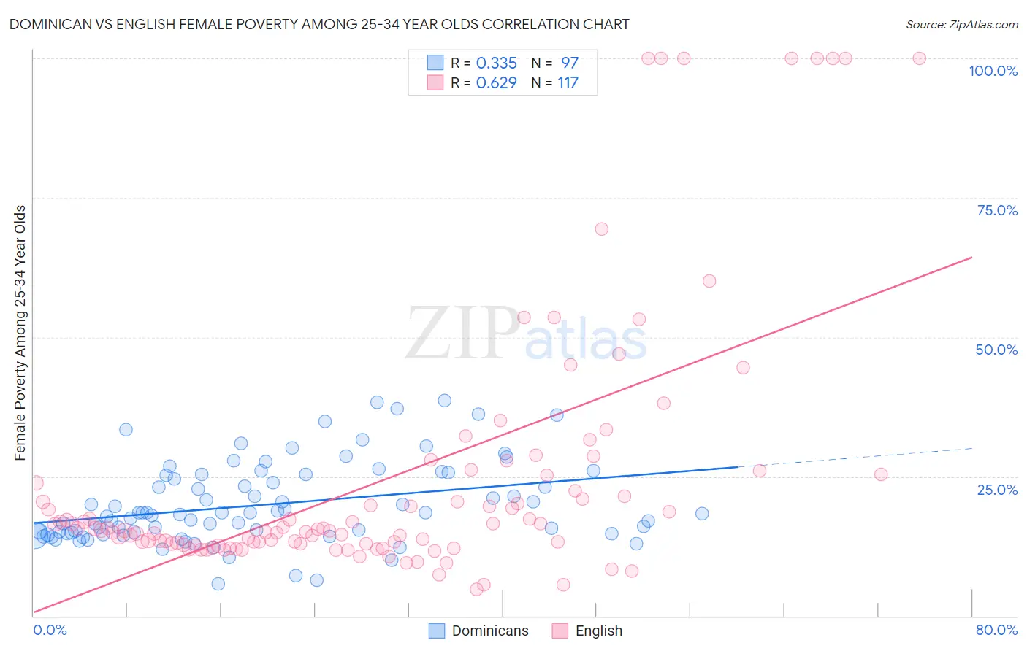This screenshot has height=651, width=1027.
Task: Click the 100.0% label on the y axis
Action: tap(993, 71)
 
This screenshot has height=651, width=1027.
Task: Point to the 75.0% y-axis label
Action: tap(996, 210)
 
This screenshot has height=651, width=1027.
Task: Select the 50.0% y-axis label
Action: tap(996, 350)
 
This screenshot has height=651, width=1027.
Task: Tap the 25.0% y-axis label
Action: tap(996, 490)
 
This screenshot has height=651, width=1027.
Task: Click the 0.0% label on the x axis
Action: tap(50, 630)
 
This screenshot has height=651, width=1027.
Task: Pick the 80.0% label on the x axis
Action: tap(996, 630)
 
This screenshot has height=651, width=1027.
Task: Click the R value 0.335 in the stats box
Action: tap(496, 63)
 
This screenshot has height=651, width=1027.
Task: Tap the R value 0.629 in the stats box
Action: tap(496, 83)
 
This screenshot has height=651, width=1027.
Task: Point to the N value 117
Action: tap(568, 83)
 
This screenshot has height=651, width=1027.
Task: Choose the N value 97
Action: tap(569, 63)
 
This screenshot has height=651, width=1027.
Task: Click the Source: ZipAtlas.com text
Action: tap(961, 24)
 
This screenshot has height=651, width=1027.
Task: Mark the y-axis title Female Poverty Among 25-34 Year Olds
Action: tap(20, 333)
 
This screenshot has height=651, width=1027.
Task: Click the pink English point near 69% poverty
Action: tap(601, 229)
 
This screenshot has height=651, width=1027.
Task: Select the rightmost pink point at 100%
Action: tap(919, 58)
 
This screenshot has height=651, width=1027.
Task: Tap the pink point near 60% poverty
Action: tap(709, 281)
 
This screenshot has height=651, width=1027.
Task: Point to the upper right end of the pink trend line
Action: tap(971, 258)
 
